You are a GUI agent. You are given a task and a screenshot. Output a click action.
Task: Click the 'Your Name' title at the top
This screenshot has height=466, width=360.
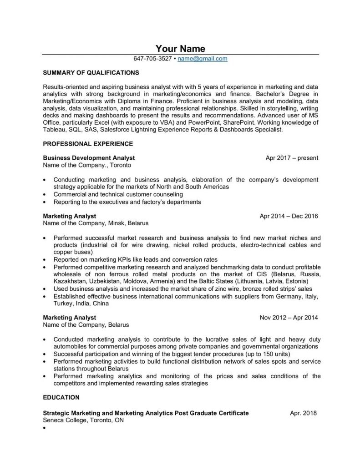tap(180, 49)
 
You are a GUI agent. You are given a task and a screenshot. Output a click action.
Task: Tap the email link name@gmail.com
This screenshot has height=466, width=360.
tap(203, 59)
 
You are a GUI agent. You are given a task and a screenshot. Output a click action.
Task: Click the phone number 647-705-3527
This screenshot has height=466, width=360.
tap(153, 59)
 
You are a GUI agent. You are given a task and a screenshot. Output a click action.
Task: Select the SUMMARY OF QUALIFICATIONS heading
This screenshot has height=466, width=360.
tap(91, 72)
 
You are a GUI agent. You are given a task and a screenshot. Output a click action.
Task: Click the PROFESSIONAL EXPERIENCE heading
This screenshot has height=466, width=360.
tap(88, 144)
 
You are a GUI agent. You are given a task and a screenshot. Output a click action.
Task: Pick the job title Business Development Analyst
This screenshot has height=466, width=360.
tap(89, 158)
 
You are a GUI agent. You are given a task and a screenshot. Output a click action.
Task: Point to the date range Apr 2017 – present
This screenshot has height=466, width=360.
tap(292, 158)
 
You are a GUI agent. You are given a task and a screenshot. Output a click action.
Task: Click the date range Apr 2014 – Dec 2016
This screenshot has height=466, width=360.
tap(289, 216)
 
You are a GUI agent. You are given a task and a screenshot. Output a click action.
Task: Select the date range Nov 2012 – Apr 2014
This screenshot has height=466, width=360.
tap(289, 317)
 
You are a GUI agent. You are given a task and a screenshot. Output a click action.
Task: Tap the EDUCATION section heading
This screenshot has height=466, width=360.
tap(61, 397)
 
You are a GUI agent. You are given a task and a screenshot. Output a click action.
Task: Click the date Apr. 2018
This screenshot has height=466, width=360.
tap(303, 413)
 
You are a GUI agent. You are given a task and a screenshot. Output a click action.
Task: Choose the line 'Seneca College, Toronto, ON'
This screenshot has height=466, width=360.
tap(83, 420)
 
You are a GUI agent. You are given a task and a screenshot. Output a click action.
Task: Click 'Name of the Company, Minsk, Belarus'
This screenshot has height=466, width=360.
tap(95, 223)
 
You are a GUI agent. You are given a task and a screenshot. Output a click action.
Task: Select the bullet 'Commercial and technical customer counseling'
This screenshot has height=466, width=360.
tap(118, 194)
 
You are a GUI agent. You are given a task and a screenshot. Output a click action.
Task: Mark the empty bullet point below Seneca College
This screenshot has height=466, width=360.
tap(44, 428)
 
